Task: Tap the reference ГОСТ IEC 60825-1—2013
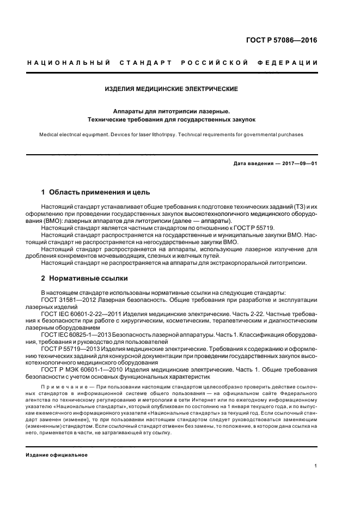point(76,335)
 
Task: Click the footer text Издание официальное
point(57,454)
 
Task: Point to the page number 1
point(316,466)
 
